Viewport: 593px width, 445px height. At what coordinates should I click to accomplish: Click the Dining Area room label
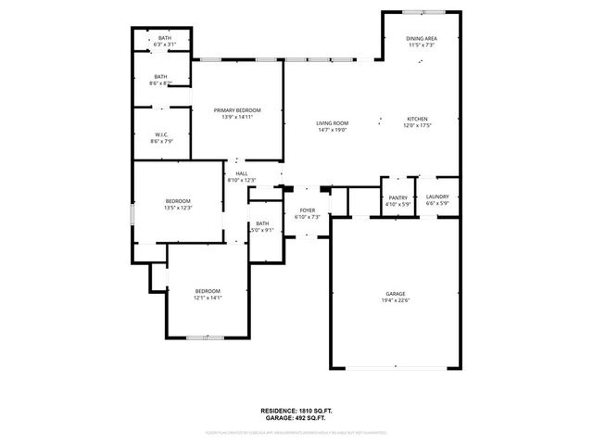[422, 38]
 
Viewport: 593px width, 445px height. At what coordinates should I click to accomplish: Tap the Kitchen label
[418, 120]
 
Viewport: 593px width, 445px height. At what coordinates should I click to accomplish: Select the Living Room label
[332, 123]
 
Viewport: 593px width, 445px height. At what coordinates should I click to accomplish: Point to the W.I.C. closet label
[161, 134]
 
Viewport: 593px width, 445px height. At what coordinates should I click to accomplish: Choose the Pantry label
[398, 197]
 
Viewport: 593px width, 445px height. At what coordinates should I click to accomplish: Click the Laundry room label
[437, 197]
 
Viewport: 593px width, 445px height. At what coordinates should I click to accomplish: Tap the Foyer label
[307, 210]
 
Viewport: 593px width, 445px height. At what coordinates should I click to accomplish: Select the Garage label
[396, 294]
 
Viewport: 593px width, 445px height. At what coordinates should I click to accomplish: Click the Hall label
[241, 173]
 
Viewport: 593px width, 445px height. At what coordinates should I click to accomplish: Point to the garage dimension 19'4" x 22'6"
[396, 300]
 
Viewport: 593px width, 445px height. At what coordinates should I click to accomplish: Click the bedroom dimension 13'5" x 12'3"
[178, 208]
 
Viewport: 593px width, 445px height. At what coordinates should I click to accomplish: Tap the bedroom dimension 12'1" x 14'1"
[208, 298]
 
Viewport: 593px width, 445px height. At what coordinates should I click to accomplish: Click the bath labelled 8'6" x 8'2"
[161, 83]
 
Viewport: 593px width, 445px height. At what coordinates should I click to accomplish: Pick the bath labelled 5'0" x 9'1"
[262, 230]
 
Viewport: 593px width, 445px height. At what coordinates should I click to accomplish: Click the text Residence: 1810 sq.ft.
[296, 409]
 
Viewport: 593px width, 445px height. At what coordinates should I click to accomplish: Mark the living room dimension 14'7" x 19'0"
[332, 130]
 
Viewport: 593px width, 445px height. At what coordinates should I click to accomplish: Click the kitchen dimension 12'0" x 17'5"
[418, 126]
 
